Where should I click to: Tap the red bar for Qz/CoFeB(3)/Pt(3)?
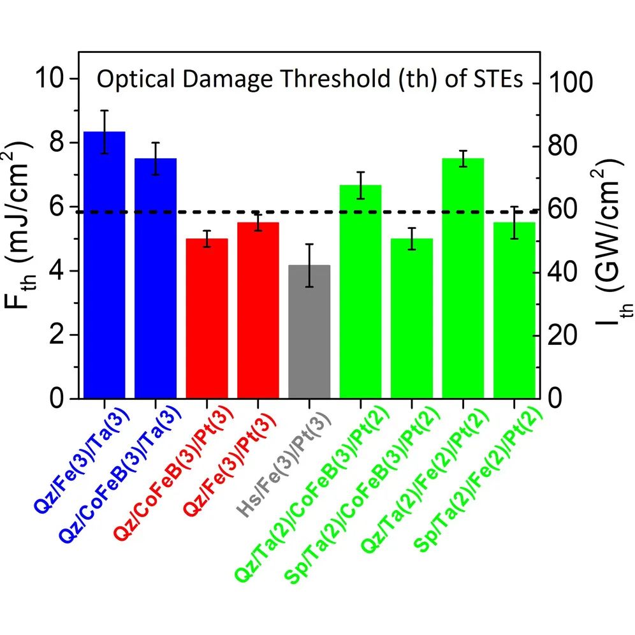coord(207,318)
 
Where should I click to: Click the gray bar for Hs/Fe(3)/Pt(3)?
coord(309,332)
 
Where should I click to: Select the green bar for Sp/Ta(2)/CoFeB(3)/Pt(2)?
coord(411,318)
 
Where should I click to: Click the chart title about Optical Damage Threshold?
coord(310,80)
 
